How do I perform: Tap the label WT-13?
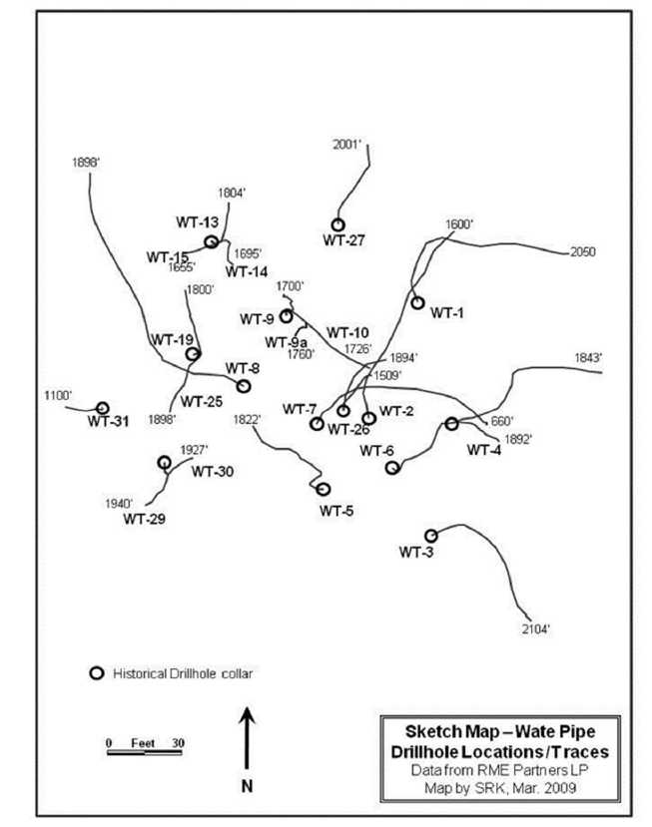click(x=197, y=222)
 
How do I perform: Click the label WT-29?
click(x=144, y=519)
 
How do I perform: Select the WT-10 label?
click(x=347, y=333)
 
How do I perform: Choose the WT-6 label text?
click(x=376, y=451)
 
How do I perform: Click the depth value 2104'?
click(x=536, y=629)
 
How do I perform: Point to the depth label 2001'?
click(x=346, y=145)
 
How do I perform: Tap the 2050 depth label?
click(x=583, y=252)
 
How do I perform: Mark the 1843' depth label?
click(x=589, y=358)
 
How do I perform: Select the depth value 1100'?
click(x=58, y=395)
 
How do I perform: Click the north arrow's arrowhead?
click(x=247, y=716)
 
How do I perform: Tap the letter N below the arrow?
click(x=247, y=786)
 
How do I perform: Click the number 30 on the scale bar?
click(x=178, y=743)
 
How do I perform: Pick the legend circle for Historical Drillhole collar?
click(x=97, y=673)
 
